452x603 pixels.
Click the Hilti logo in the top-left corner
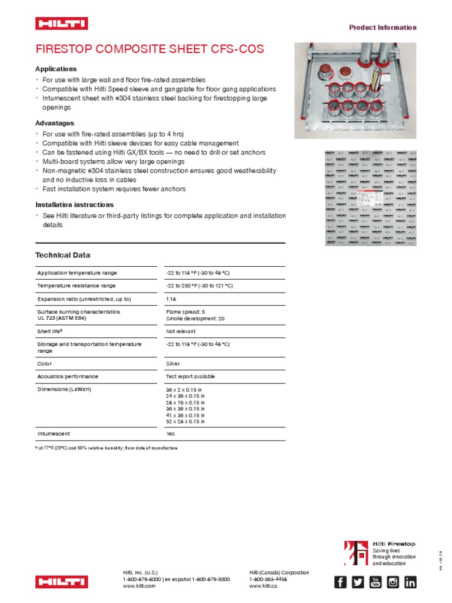pyautogui.click(x=61, y=24)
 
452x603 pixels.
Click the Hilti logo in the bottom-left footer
pyautogui.click(x=61, y=582)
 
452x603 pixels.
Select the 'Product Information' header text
pyautogui.click(x=383, y=28)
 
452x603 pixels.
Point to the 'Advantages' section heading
pyautogui.click(x=55, y=123)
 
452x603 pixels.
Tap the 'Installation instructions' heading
pyautogui.click(x=74, y=205)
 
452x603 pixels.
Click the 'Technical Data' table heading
pyautogui.click(x=63, y=255)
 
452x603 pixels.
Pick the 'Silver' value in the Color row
pyautogui.click(x=173, y=364)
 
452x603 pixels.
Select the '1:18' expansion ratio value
pyautogui.click(x=172, y=299)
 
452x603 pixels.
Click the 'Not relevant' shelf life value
pyautogui.click(x=181, y=332)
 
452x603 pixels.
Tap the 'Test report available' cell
pyautogui.click(x=191, y=376)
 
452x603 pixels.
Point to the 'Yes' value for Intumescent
pyautogui.click(x=171, y=433)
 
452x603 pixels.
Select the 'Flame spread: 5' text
pyautogui.click(x=186, y=312)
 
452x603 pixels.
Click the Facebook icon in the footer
pyautogui.click(x=340, y=582)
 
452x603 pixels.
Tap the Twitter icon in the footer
pyautogui.click(x=358, y=582)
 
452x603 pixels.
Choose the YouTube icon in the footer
pyautogui.click(x=375, y=582)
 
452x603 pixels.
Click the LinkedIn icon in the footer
pyautogui.click(x=410, y=582)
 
